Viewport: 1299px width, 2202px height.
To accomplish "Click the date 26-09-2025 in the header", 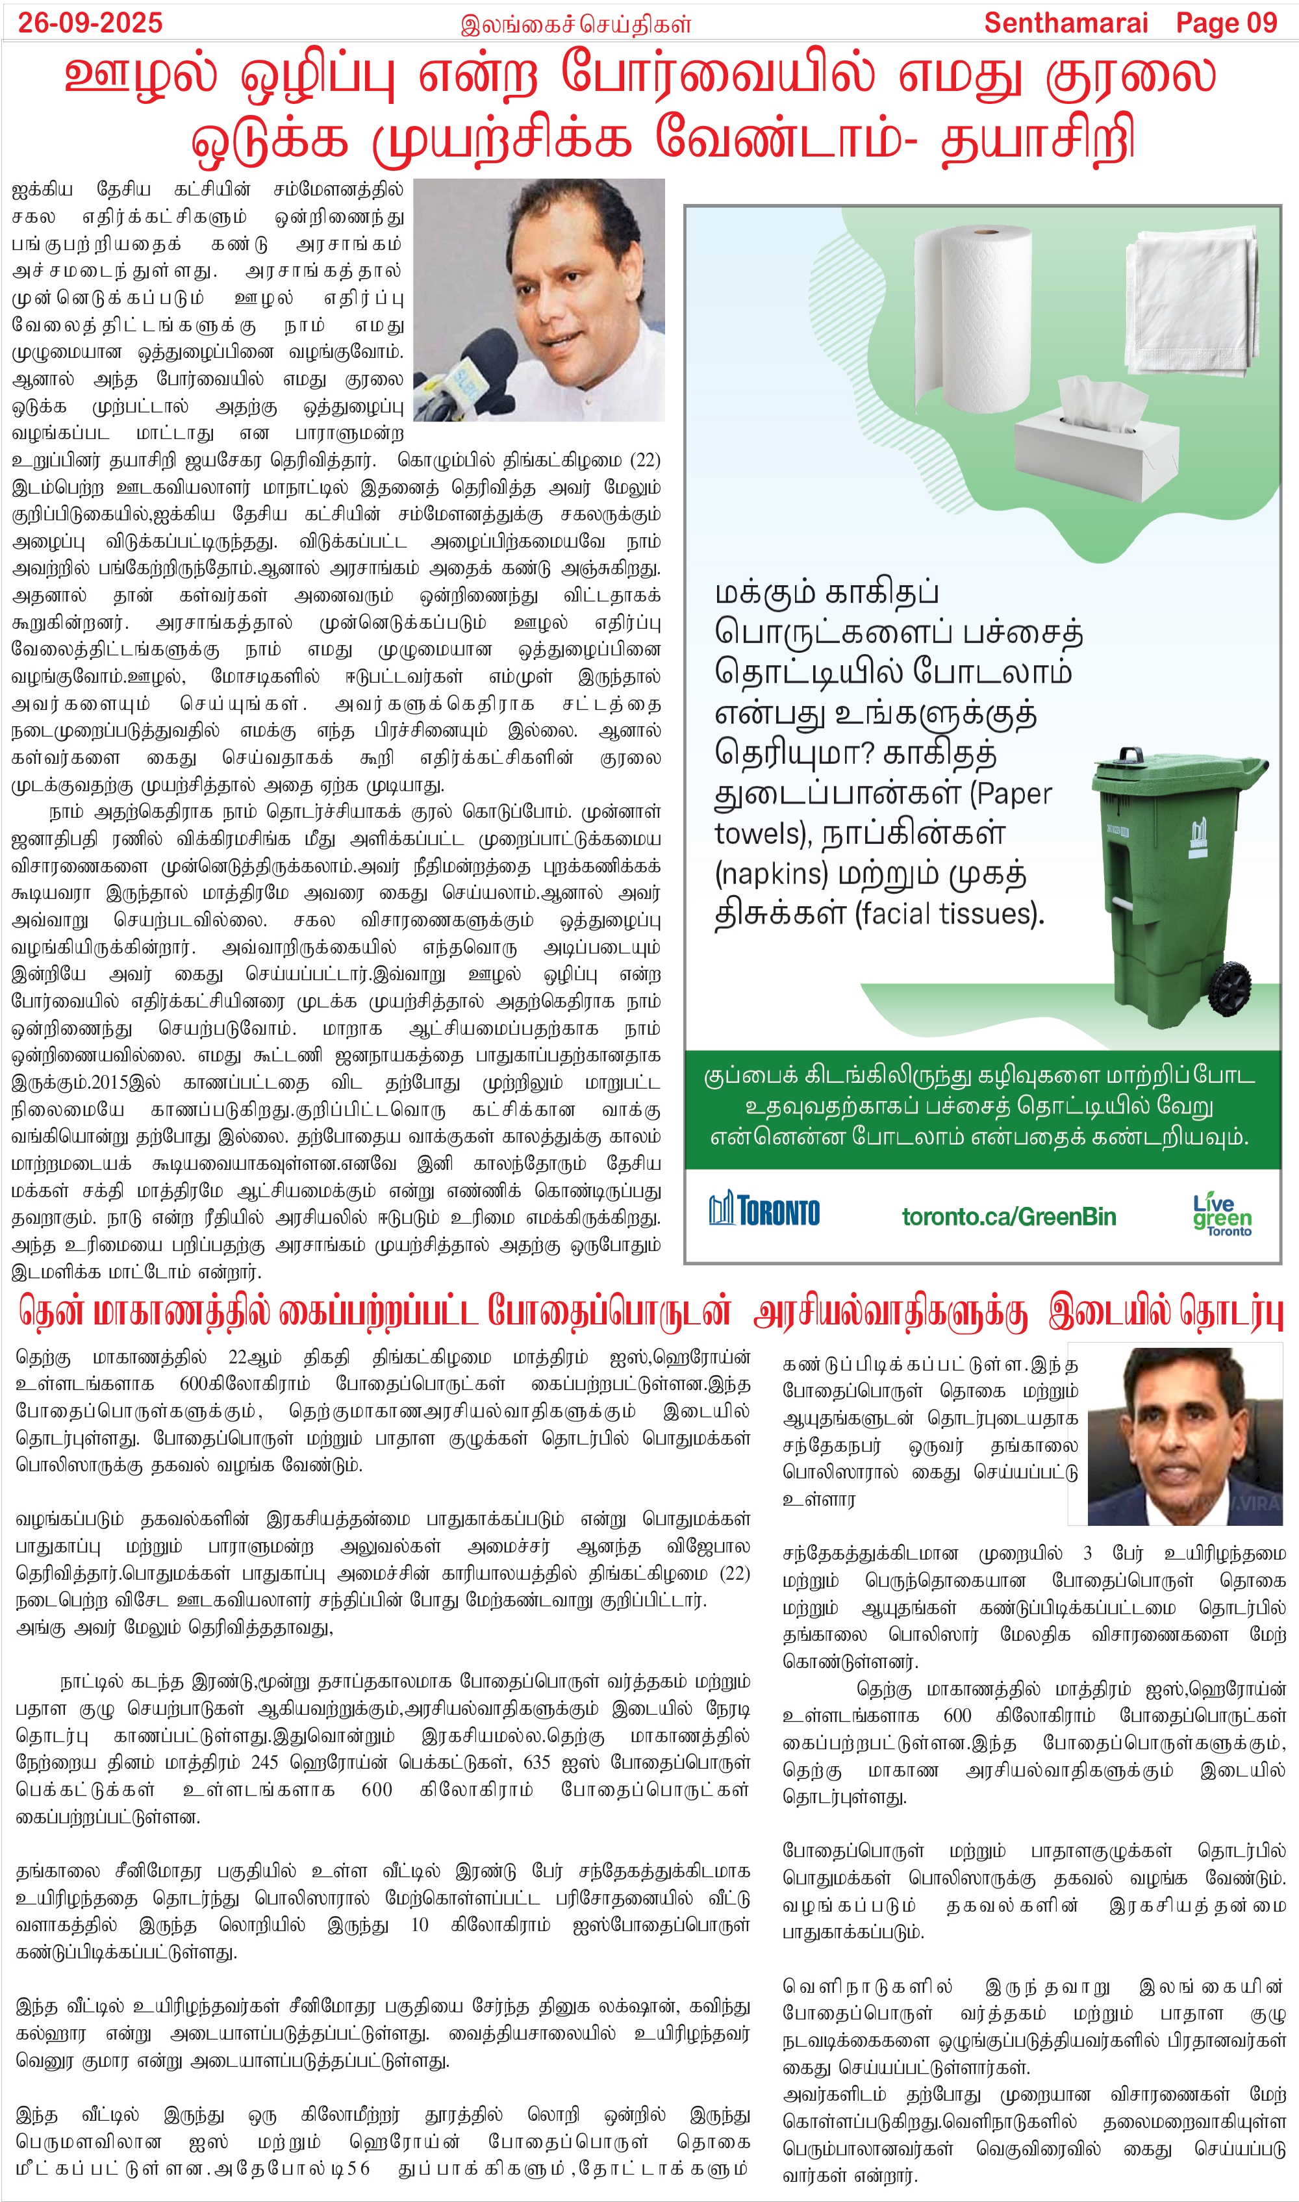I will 90,22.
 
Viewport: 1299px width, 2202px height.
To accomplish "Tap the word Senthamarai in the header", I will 1065,23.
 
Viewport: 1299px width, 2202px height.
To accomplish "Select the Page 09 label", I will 1226,23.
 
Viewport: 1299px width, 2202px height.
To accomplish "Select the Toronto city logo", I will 764,1211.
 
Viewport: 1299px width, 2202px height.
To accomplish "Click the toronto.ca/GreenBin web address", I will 1009,1217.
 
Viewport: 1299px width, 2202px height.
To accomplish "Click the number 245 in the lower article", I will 264,1763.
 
